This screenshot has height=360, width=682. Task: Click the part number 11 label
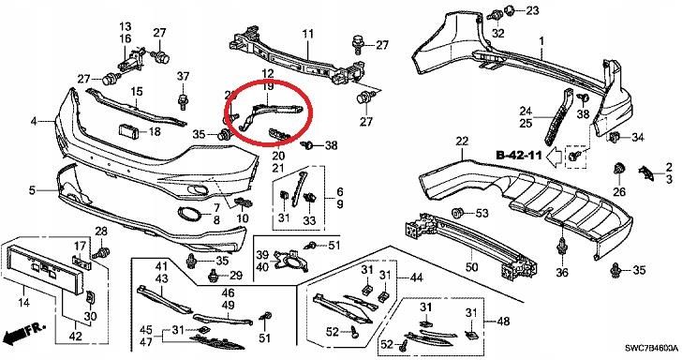308,34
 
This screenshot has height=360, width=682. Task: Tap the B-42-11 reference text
519,155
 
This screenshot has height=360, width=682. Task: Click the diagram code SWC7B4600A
651,348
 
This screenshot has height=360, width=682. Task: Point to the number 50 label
471,266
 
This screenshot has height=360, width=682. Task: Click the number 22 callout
462,141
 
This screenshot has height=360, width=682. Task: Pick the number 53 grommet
457,214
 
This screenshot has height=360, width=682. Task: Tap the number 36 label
562,273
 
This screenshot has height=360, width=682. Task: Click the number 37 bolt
183,101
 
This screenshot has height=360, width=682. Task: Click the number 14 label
24,302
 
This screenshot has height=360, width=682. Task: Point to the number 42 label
76,336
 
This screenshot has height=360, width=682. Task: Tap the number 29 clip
214,275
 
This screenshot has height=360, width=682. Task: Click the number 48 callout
503,322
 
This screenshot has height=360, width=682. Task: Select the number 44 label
416,277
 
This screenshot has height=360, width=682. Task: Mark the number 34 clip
615,137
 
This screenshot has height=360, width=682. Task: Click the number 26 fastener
618,170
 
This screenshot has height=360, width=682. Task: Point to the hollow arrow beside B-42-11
554,156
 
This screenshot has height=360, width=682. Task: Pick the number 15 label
137,92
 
